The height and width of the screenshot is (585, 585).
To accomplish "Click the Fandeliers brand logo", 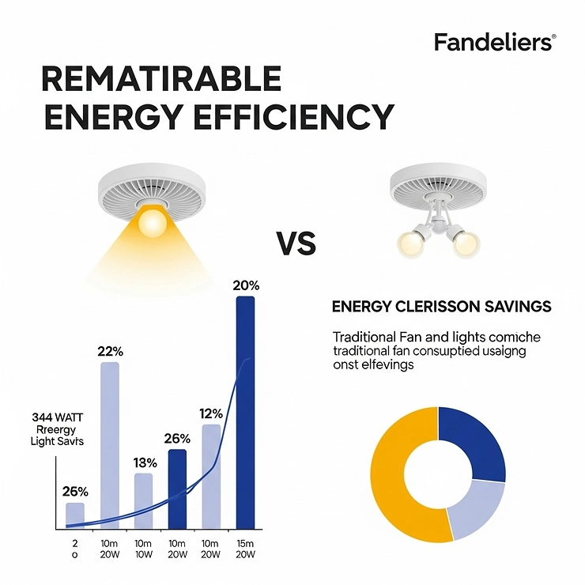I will [495, 43].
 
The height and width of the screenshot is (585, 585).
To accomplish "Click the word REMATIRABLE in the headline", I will [160, 80].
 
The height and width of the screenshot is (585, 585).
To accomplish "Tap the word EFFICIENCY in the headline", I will [305, 117].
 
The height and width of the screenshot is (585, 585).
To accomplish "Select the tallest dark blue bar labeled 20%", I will [246, 411].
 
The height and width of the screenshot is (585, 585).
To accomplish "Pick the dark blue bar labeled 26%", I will [178, 488].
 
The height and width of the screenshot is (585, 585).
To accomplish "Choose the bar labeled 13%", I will [144, 500].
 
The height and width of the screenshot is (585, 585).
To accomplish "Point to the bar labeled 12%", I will [211, 476].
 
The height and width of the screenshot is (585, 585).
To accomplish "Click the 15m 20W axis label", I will [246, 549].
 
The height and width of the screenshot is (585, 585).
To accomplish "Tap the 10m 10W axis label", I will [144, 549].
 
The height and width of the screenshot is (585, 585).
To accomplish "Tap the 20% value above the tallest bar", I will [246, 285].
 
